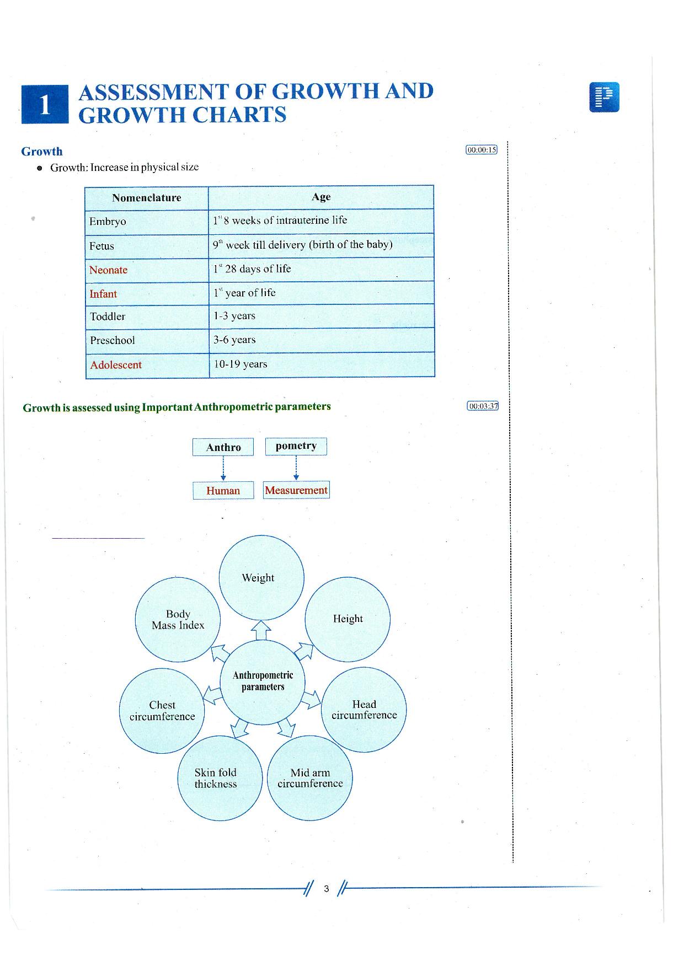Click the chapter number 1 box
click(x=45, y=105)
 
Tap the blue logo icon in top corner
click(x=604, y=97)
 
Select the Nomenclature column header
click(x=147, y=198)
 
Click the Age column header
click(x=321, y=197)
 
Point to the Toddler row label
click(x=108, y=316)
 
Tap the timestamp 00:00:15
click(x=482, y=149)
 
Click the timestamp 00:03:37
click(x=483, y=406)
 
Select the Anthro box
click(x=223, y=447)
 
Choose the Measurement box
click(x=296, y=490)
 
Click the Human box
click(x=223, y=490)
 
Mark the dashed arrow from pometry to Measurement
click(x=296, y=468)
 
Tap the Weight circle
click(x=261, y=577)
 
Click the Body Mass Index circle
click(x=178, y=619)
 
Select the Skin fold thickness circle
click(x=220, y=778)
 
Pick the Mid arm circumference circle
click(x=309, y=778)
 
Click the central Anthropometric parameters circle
click(x=263, y=681)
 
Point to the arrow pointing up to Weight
click(x=261, y=630)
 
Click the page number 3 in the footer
click(x=327, y=889)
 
